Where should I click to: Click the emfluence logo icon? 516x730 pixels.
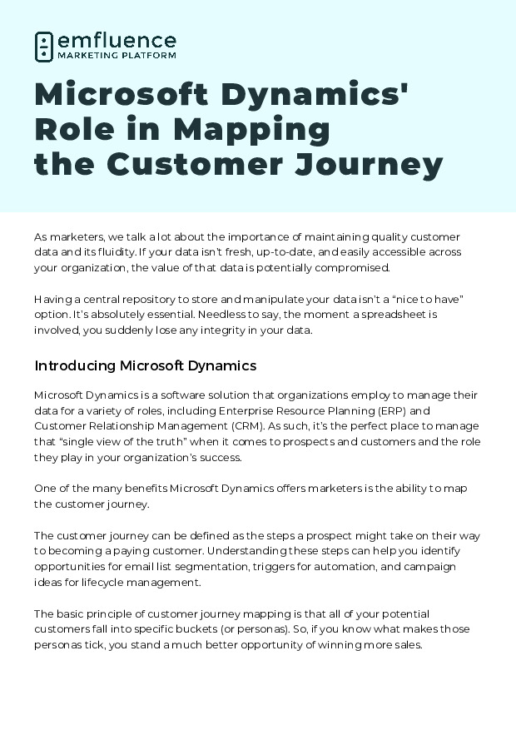coord(43,47)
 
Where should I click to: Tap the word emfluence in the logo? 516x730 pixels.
coord(117,40)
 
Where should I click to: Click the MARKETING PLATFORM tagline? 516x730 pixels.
coord(117,56)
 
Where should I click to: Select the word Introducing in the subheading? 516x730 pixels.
coord(75,365)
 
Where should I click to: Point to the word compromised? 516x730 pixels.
coord(350,267)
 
